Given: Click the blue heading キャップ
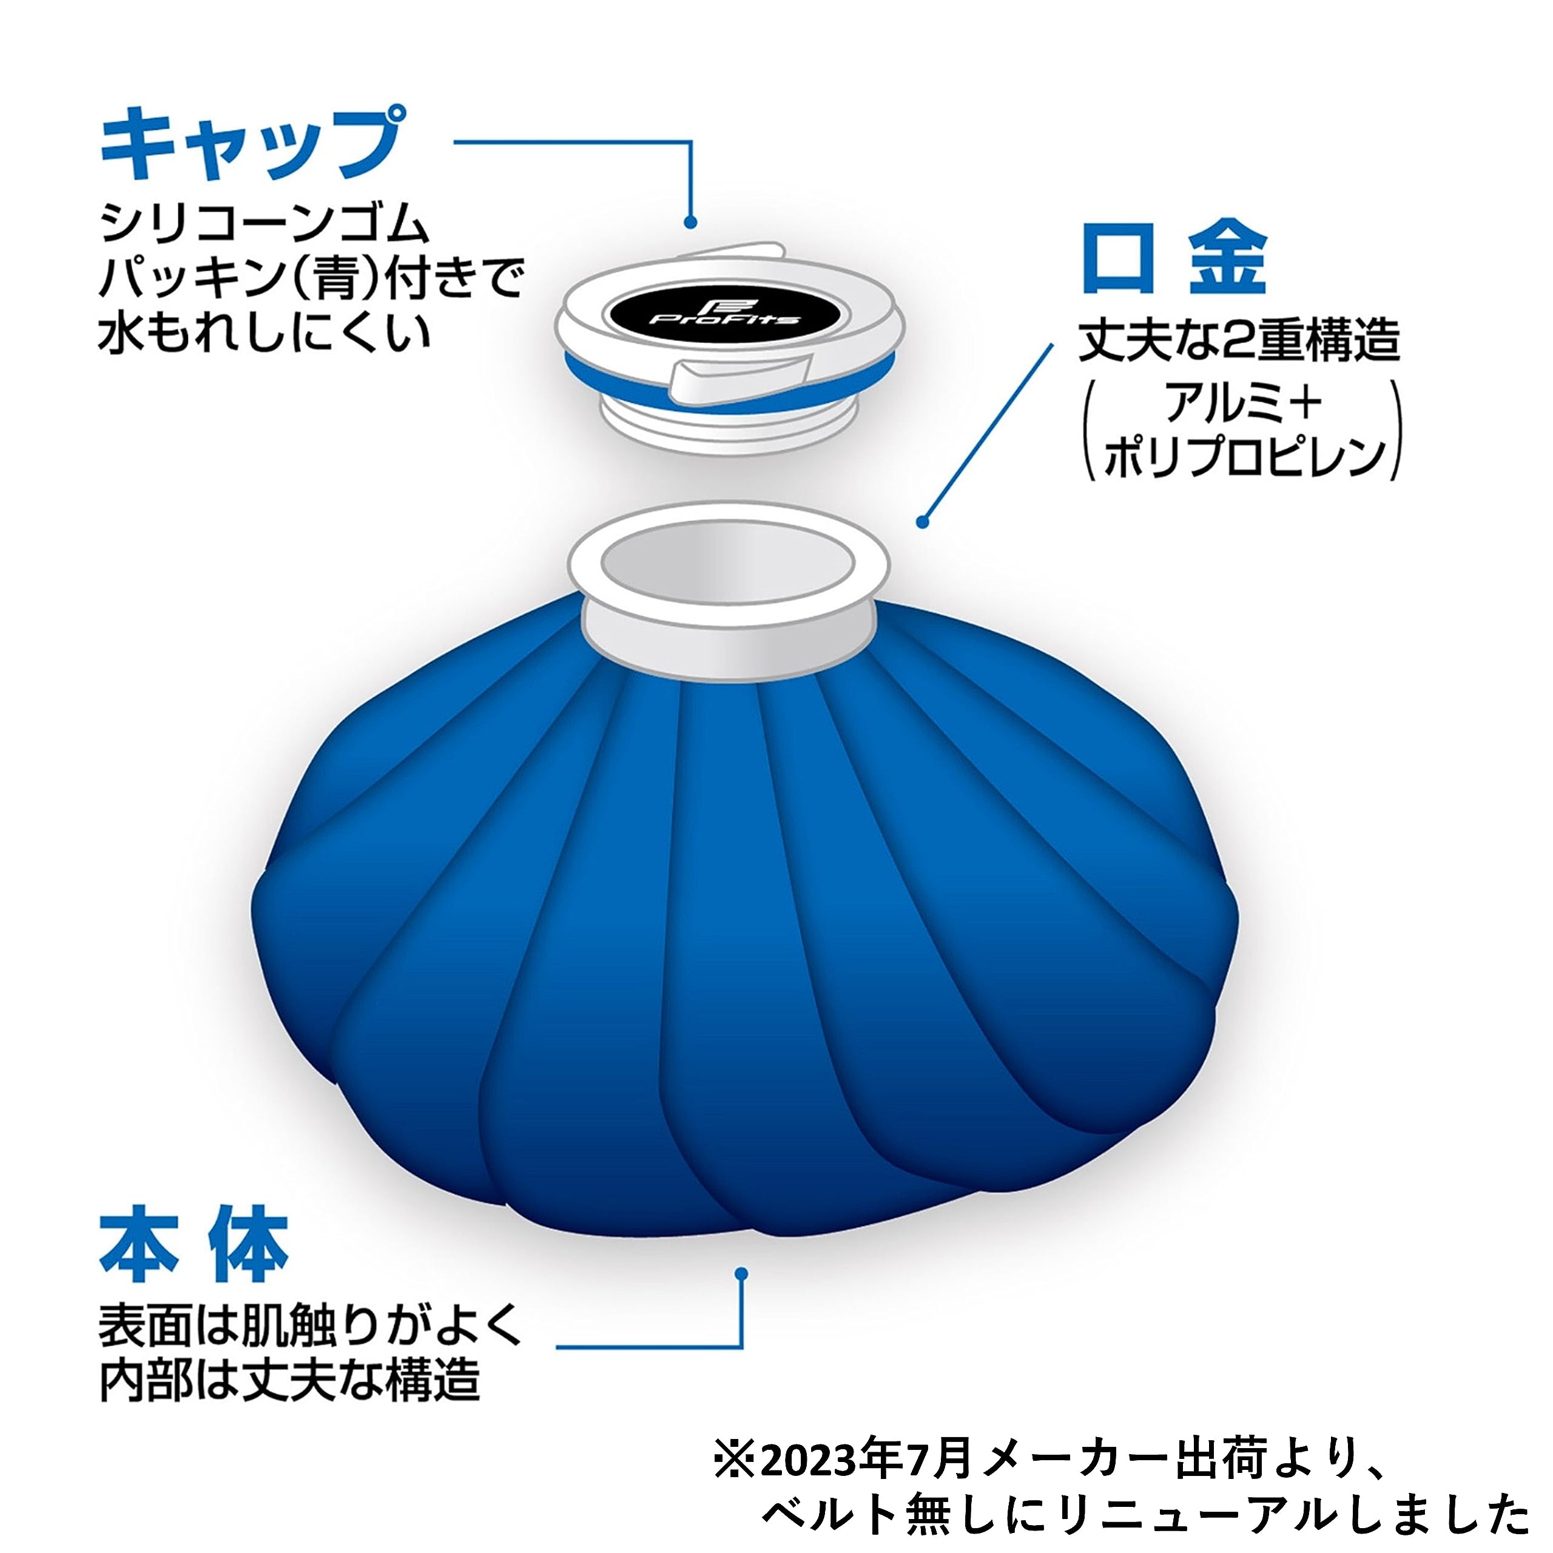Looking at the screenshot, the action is (251, 146).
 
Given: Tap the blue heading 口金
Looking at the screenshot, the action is (1174, 259).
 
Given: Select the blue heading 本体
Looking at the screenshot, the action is (194, 1247).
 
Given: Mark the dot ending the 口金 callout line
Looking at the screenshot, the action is (923, 522).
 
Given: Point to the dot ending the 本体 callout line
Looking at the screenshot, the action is (741, 1273).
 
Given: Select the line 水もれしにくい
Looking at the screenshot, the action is (264, 331).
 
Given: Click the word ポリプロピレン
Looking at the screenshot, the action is (1245, 459).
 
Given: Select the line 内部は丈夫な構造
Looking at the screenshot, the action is (289, 1380).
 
